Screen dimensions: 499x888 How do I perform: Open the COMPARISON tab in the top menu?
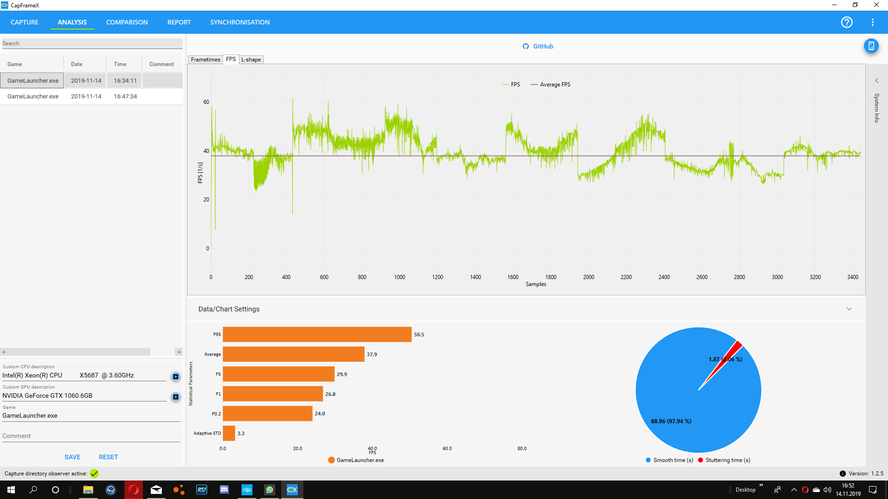[127, 22]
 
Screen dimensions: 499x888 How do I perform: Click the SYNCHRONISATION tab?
[240, 22]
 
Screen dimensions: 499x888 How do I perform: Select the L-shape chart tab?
[251, 60]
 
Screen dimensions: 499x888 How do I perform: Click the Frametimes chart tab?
[205, 60]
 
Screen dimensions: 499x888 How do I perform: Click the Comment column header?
[161, 64]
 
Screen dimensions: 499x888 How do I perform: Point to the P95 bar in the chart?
[317, 335]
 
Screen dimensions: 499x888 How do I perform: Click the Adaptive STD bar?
[229, 433]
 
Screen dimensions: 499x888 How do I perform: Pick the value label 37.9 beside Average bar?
[372, 354]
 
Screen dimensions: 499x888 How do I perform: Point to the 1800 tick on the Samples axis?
[551, 277]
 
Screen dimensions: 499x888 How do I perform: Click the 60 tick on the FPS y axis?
[206, 102]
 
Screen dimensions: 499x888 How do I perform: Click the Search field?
[92, 43]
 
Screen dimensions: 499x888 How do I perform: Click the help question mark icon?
[846, 22]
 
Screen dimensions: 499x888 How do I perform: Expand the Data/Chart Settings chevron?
[849, 309]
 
